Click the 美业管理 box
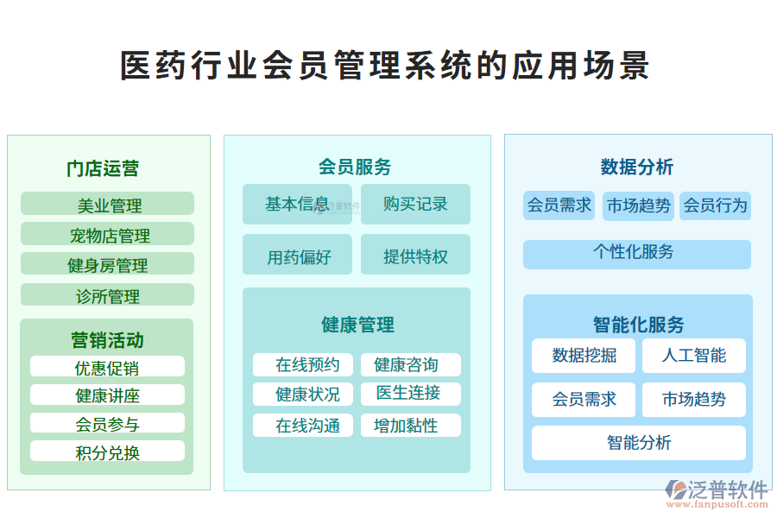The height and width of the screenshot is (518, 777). point(107,205)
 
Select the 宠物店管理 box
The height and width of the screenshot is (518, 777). point(107,235)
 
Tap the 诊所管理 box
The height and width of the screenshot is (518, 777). point(107,296)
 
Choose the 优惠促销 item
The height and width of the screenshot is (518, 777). point(107,368)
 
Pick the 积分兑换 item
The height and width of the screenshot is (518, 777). point(107,452)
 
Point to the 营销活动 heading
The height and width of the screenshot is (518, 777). point(107,340)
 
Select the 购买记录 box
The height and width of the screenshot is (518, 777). point(415,205)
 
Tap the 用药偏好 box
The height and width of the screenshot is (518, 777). point(297,256)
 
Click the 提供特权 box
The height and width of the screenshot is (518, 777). point(415,256)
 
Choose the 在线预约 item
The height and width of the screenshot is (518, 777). point(302,365)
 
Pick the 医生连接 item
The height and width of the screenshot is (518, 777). point(410,394)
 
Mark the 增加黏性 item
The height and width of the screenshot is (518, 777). point(410,426)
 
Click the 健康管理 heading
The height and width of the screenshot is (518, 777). point(357,325)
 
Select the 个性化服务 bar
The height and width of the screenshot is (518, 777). point(636,253)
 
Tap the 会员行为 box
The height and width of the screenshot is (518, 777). point(715,205)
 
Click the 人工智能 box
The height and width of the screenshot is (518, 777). point(693,356)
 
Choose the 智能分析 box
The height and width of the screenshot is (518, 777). point(638,443)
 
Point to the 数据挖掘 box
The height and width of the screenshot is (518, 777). point(584,356)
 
